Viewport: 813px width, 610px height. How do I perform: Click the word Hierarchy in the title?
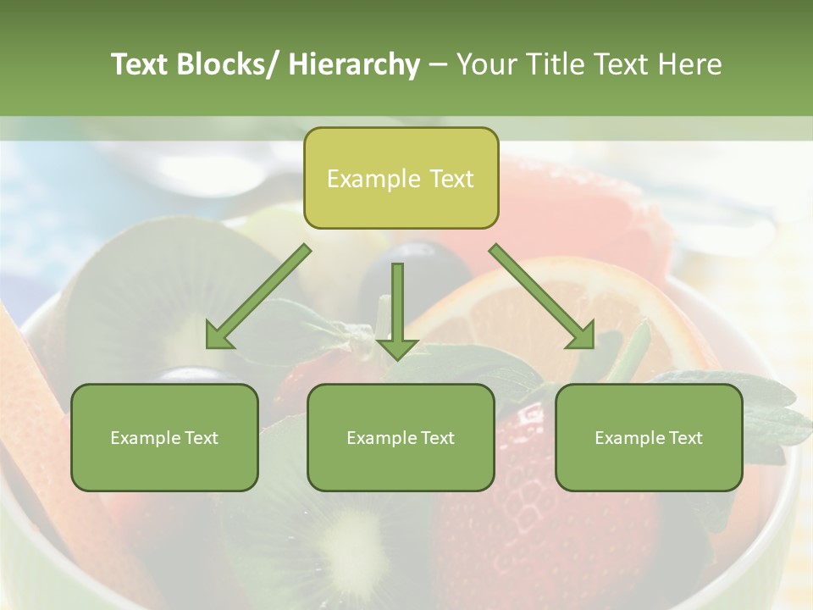(x=353, y=64)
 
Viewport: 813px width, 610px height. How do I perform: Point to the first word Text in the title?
(x=140, y=64)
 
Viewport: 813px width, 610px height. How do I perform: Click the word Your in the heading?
(x=485, y=64)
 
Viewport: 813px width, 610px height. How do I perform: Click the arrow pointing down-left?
(x=258, y=297)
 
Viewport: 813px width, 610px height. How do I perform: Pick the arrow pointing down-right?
(x=542, y=297)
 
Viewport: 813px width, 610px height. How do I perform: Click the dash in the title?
(x=437, y=65)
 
